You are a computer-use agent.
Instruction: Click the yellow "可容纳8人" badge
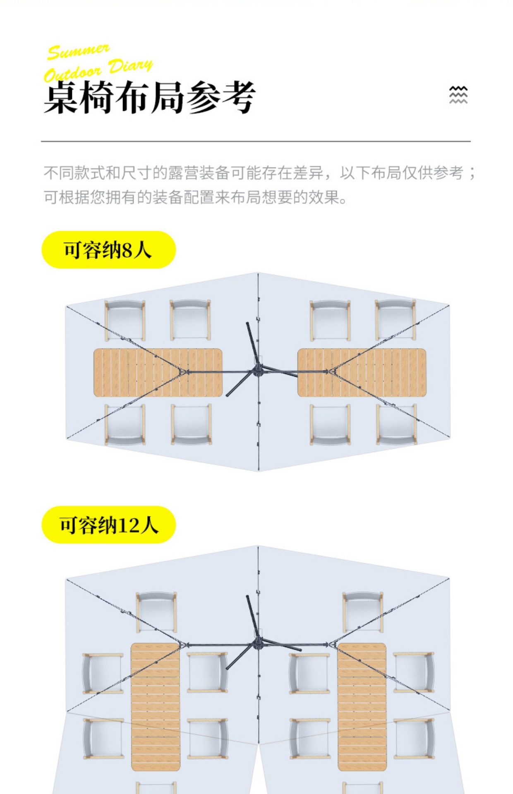108,250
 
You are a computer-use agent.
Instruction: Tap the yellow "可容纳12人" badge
108,525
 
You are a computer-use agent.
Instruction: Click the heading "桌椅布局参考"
149,98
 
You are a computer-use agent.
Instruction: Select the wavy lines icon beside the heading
458,95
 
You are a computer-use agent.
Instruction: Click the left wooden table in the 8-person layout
158,373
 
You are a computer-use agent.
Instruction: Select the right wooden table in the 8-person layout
362,373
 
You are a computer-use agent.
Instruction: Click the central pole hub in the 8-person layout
258,369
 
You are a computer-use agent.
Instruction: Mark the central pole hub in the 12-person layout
258,644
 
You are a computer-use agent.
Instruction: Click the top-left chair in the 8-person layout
125,320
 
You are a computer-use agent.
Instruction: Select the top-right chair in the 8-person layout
395,320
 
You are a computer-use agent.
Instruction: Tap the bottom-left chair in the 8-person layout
125,425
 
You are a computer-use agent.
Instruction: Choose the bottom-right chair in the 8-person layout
396,425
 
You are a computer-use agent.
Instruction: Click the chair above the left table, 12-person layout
156,612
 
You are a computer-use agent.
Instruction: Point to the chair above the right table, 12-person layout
362,612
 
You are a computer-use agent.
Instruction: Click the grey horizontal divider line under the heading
256,141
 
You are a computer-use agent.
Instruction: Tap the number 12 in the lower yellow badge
129,525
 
